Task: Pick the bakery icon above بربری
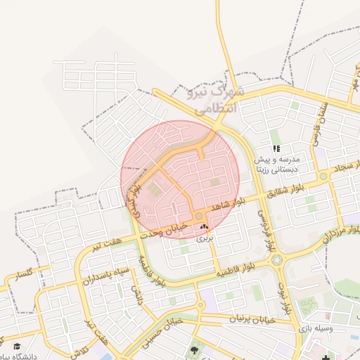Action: click(x=205, y=227)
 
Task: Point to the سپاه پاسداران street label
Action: click(x=113, y=276)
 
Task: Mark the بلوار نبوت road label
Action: click(x=285, y=295)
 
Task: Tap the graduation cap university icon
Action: click(x=17, y=346)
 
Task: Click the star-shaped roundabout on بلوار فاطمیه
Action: click(x=276, y=259)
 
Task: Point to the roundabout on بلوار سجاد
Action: click(x=323, y=176)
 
